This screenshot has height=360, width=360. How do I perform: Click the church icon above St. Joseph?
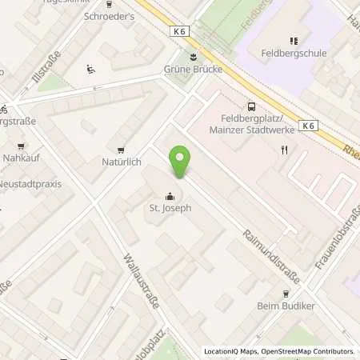point(170,195)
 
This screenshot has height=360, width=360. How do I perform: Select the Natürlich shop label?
point(122,162)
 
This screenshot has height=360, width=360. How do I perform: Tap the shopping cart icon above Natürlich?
point(121,149)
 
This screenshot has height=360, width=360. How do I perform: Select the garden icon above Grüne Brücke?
point(192,55)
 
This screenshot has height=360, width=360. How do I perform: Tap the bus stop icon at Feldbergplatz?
point(252,106)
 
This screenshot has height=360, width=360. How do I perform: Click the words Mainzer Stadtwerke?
point(251,130)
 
